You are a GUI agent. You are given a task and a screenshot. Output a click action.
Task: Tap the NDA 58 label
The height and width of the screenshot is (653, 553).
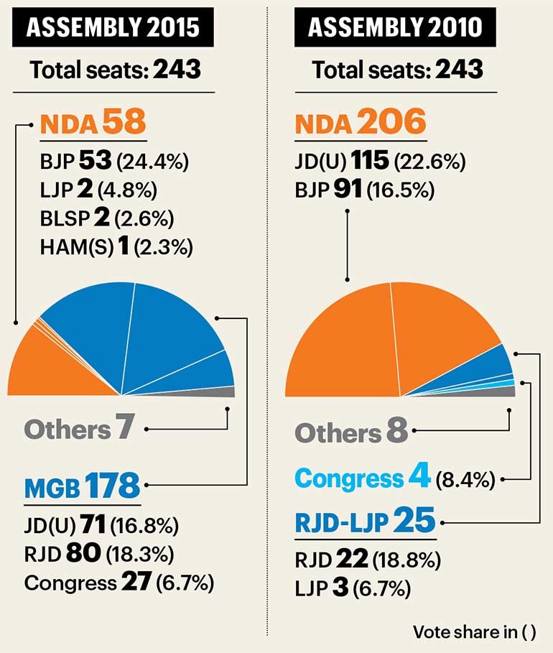[93, 124]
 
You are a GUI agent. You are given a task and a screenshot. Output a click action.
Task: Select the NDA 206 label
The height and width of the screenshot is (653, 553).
[361, 124]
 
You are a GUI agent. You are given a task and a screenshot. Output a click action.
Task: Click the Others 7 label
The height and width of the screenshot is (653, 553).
[80, 430]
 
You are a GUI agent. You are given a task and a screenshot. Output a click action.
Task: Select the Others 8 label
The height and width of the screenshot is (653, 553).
[351, 432]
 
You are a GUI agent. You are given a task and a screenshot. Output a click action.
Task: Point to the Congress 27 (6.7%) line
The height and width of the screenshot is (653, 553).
[118, 582]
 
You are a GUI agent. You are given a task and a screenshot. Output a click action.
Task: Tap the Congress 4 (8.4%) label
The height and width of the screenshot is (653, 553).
[395, 478]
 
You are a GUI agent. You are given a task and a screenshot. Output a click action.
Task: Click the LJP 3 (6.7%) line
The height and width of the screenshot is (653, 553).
[353, 589]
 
